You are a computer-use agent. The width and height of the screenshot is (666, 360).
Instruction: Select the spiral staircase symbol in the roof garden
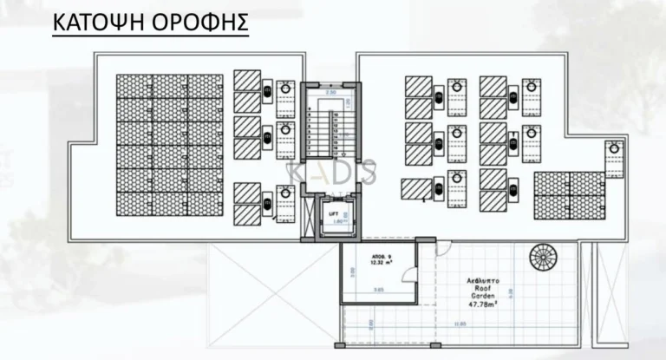[545, 257]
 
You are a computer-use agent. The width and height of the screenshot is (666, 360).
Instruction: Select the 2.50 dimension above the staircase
[330, 91]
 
